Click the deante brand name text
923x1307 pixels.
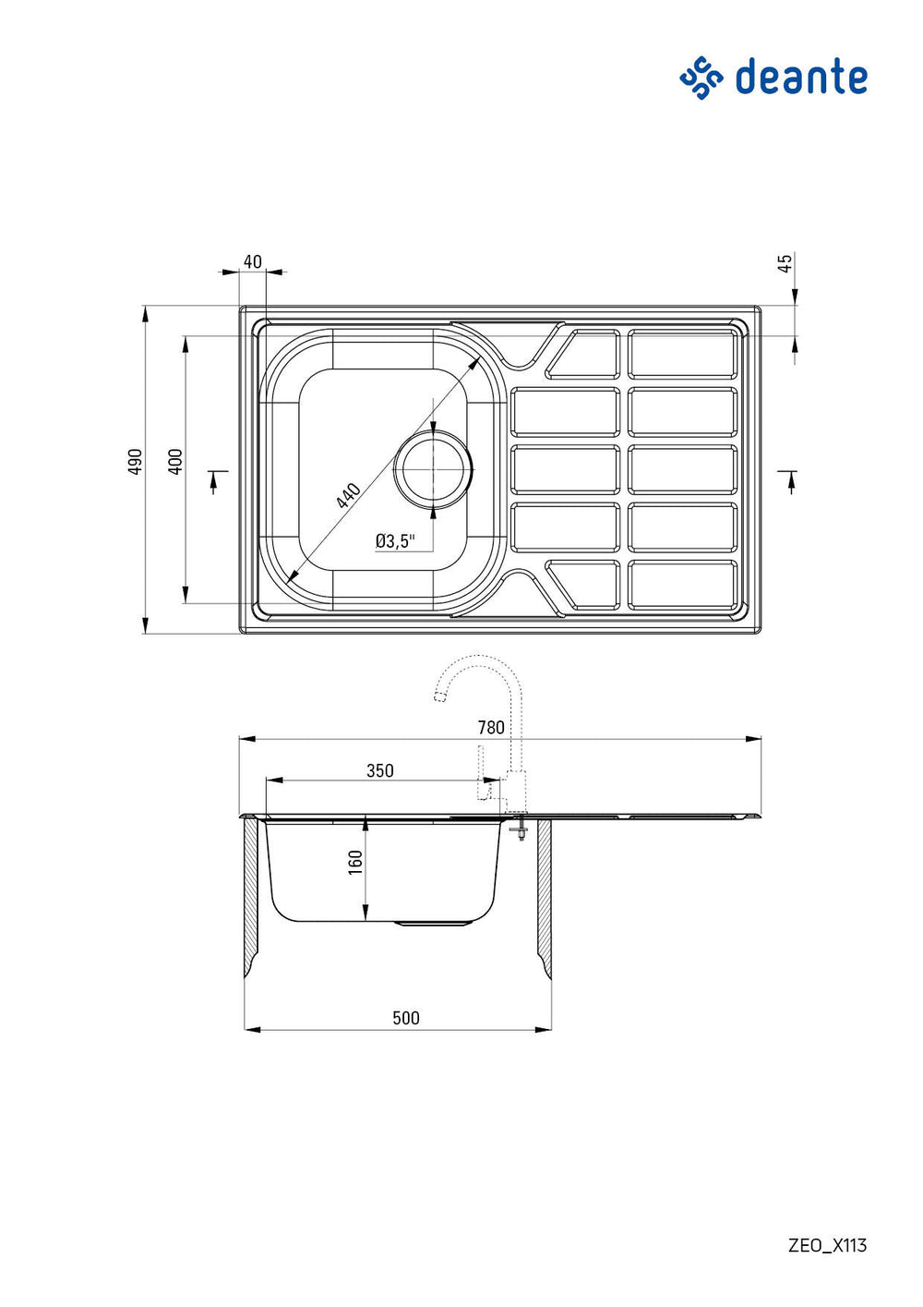point(800,76)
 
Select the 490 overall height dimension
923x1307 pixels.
point(135,461)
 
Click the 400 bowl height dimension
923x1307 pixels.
point(175,461)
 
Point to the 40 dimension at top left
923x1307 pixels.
point(253,261)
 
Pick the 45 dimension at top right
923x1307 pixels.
point(785,262)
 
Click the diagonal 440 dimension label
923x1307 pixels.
point(348,495)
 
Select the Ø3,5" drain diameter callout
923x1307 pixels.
point(395,541)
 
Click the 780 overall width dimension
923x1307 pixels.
point(491,728)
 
